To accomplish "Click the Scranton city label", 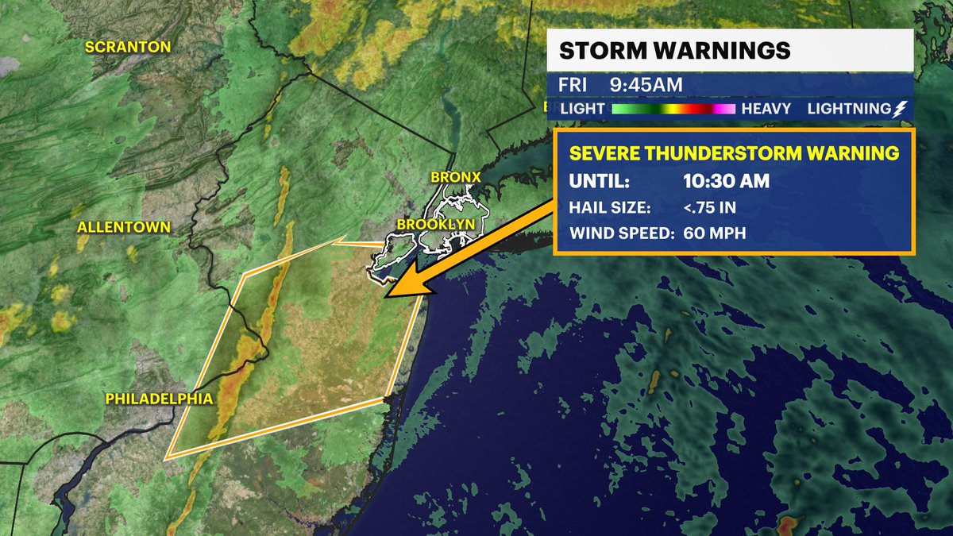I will (x=128, y=47).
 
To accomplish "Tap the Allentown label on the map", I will (x=124, y=227).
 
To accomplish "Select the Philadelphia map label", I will (x=159, y=398).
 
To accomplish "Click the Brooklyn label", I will (x=435, y=225).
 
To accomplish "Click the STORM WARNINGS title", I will (x=674, y=51).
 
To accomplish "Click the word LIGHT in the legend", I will (x=582, y=108).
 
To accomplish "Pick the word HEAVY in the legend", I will (x=766, y=108).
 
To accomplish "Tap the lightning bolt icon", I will (x=897, y=108).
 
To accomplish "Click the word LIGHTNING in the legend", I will (x=848, y=108).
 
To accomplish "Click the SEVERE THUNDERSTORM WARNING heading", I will (x=734, y=153).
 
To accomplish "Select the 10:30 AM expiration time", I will (x=726, y=181).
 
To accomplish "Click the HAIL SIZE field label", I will (x=609, y=208).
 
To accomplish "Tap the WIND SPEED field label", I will (x=621, y=233).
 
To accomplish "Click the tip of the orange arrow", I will (x=386, y=297).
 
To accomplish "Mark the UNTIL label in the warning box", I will (x=599, y=181).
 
